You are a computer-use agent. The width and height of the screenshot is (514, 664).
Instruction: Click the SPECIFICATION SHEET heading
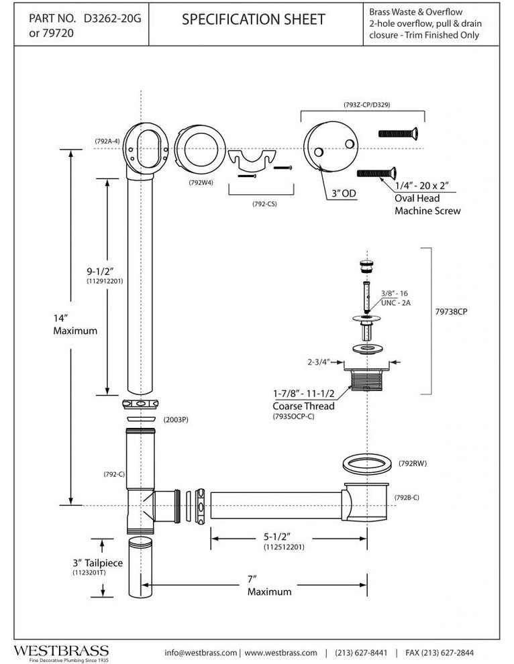click(x=253, y=20)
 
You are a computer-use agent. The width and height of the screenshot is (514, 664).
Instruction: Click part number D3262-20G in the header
click(x=111, y=19)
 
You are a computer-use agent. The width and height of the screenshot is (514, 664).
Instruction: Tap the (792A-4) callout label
click(x=107, y=141)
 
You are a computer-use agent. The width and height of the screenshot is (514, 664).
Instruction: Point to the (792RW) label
click(x=413, y=462)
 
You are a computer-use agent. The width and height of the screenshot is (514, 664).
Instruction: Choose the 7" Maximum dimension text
click(x=270, y=586)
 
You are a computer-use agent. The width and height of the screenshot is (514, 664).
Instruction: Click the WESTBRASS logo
click(x=61, y=651)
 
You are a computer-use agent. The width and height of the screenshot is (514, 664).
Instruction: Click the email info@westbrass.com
click(x=201, y=652)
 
